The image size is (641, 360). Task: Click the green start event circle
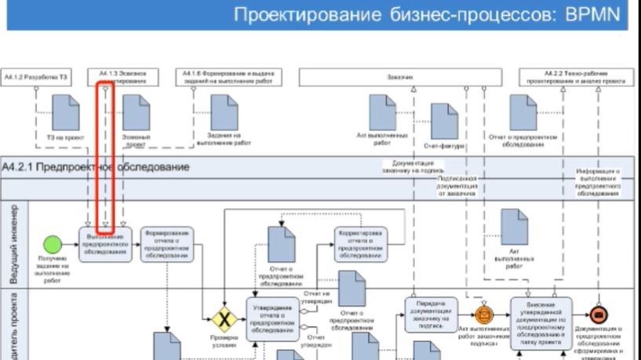click(x=52, y=242)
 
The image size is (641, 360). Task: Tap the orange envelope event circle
click(x=482, y=315)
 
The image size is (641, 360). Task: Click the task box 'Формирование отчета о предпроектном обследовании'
click(x=166, y=244)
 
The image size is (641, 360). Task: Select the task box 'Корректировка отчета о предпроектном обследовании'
click(x=360, y=244)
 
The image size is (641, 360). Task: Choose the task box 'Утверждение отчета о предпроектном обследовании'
click(x=273, y=319)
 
